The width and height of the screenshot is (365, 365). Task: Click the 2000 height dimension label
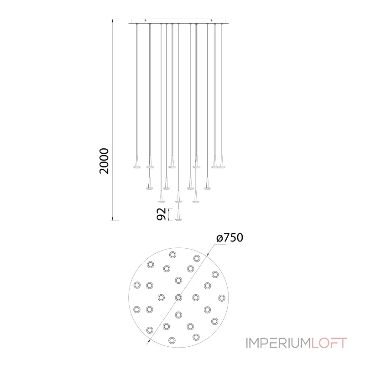click(x=104, y=161)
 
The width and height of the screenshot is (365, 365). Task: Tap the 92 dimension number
click(x=161, y=214)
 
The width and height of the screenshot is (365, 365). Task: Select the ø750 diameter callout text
click(x=229, y=238)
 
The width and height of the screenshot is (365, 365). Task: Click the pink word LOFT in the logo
click(x=329, y=343)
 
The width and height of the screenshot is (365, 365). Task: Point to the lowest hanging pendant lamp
click(x=178, y=214)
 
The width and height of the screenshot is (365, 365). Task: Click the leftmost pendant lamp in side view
click(x=136, y=162)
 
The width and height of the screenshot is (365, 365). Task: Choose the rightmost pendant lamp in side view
click(x=221, y=162)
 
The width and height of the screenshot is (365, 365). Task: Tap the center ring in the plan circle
click(x=178, y=297)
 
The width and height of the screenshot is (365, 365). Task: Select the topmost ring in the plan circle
click(x=173, y=255)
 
